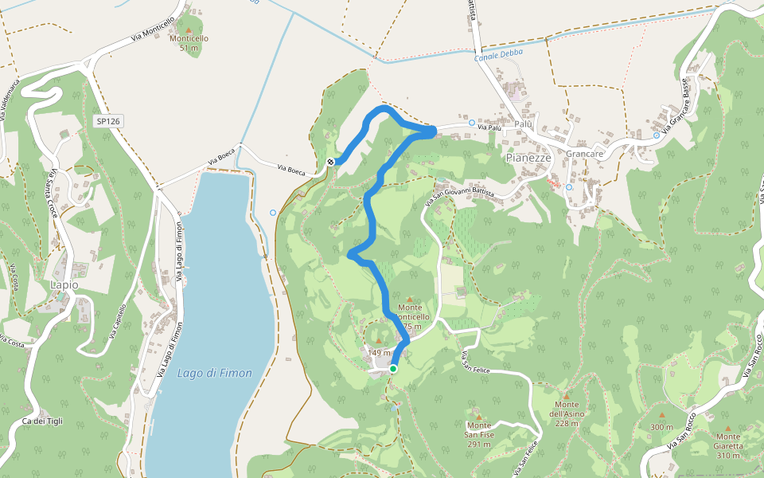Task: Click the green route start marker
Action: point(393,369)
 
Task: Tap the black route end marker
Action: point(330,163)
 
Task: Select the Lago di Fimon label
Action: point(215,373)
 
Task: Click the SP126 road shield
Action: point(107,121)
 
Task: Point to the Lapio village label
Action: point(64,284)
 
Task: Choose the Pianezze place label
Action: point(528,158)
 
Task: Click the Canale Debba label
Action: point(499,57)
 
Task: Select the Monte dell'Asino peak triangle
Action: point(567,395)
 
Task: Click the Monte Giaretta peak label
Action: point(727,441)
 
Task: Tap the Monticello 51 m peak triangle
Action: point(189,29)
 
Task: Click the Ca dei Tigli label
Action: point(42,421)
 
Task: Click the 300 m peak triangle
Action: point(661,415)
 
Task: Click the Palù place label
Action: point(522,124)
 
